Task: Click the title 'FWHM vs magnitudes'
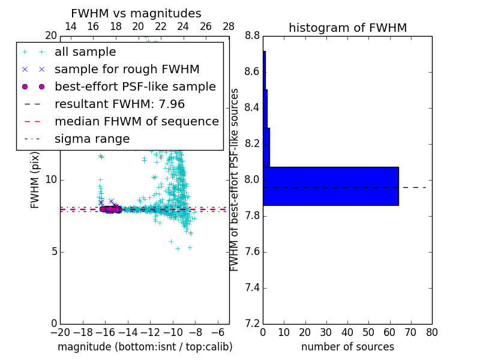pyautogui.click(x=136, y=14)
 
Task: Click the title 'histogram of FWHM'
pyautogui.click(x=347, y=28)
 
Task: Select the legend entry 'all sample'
pyautogui.click(x=85, y=52)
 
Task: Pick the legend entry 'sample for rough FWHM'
pyautogui.click(x=127, y=69)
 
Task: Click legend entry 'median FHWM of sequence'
pyautogui.click(x=136, y=121)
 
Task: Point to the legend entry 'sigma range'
pyautogui.click(x=92, y=139)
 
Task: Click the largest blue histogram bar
pyautogui.click(x=331, y=186)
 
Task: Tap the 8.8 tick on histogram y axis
pyautogui.click(x=252, y=36)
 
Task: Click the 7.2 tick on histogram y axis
pyautogui.click(x=252, y=323)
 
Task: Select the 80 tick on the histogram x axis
pyautogui.click(x=431, y=332)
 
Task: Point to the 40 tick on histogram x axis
pyautogui.click(x=347, y=332)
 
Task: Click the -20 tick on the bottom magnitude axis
pyautogui.click(x=60, y=332)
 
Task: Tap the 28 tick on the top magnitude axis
pyautogui.click(x=229, y=26)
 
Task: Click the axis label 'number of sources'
pyautogui.click(x=347, y=347)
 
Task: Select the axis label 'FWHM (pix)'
pyautogui.click(x=35, y=180)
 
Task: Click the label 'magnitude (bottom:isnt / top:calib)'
pyautogui.click(x=145, y=347)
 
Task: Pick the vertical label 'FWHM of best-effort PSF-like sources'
pyautogui.click(x=235, y=180)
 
